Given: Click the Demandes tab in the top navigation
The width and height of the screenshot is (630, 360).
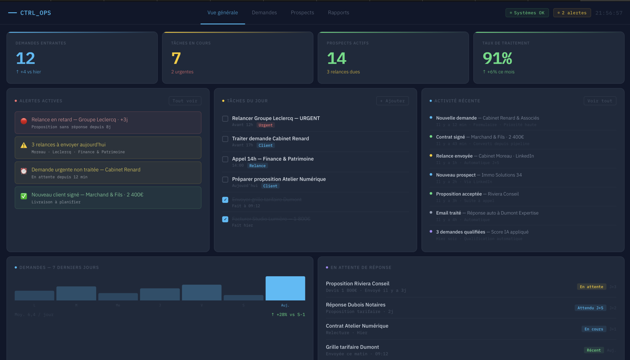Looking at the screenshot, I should (264, 13).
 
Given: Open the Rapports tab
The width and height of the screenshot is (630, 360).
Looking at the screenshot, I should (338, 13).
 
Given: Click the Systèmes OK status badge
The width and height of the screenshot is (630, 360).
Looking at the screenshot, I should (527, 13).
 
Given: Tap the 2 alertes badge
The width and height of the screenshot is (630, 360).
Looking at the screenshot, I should (572, 13).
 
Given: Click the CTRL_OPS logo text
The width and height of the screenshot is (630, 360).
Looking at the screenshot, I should (35, 13).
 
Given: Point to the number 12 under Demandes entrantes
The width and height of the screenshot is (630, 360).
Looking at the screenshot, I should (25, 58).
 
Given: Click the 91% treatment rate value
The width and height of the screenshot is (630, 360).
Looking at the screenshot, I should (497, 58).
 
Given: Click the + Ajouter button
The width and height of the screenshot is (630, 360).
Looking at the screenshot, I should (392, 101).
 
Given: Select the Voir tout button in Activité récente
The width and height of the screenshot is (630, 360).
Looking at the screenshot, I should (600, 101).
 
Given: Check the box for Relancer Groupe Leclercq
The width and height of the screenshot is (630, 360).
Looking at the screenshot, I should (225, 119).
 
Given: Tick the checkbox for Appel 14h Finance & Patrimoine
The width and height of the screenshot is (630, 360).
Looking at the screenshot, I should (225, 159).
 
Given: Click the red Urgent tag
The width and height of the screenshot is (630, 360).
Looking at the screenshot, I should (265, 125).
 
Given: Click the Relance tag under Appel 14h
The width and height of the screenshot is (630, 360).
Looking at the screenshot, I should (257, 166).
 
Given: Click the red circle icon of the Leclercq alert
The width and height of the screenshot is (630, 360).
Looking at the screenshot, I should (24, 121).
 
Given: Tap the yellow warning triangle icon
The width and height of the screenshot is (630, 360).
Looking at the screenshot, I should (24, 145).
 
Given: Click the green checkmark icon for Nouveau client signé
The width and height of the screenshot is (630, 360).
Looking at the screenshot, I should (24, 196).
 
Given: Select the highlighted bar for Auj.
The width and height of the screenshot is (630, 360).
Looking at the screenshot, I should (285, 288).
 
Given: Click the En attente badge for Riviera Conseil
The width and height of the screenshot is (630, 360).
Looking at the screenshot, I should (591, 287).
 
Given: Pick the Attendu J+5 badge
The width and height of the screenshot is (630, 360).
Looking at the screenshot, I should (590, 308).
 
